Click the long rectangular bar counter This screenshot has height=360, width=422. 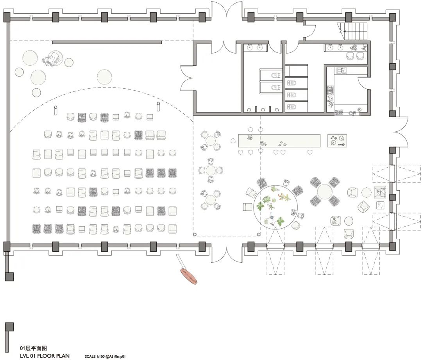279,141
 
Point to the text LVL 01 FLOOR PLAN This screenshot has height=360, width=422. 45,356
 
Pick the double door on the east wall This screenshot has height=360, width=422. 400,131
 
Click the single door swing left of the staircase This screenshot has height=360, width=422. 309,31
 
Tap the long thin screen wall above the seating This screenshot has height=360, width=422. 107,42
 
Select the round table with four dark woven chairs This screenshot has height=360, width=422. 324,192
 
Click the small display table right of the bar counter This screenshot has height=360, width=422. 337,140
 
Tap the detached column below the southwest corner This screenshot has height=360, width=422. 9,276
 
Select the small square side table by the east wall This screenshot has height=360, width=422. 379,205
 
